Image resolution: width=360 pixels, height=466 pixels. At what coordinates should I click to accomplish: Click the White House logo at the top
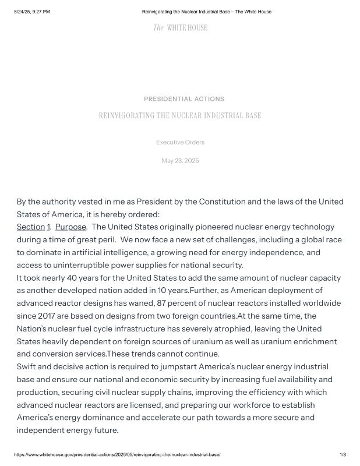coord(180,28)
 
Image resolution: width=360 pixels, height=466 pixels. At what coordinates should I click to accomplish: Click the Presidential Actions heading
coord(184,99)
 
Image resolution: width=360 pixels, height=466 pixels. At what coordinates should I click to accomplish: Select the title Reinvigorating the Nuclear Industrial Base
coord(180,116)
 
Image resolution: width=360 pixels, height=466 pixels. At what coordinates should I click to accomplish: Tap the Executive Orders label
coord(180,142)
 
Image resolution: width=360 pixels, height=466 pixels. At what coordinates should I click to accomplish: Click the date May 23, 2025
coord(180,161)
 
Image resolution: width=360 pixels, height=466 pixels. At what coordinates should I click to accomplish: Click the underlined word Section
coord(31,227)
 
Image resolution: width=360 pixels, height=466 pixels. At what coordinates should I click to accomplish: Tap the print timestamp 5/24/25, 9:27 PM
coord(32,12)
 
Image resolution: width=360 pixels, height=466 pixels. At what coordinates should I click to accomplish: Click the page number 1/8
coord(343,454)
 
